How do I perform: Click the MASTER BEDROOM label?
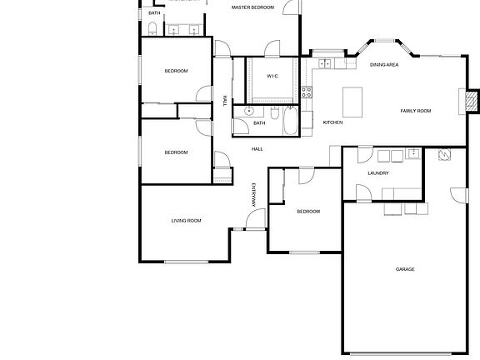(x=252, y=7)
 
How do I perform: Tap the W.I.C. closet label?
(x=272, y=76)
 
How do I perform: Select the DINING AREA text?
(x=384, y=64)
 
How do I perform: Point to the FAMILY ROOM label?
(x=415, y=111)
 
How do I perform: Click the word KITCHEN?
(x=332, y=122)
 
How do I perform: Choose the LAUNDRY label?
(x=377, y=173)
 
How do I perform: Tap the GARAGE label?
(x=405, y=269)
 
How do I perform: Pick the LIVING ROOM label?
(x=186, y=221)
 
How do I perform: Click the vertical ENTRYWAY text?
(x=254, y=195)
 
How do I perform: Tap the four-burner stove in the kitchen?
(x=307, y=93)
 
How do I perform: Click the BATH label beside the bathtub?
(x=259, y=123)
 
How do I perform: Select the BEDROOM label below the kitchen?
(x=308, y=212)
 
